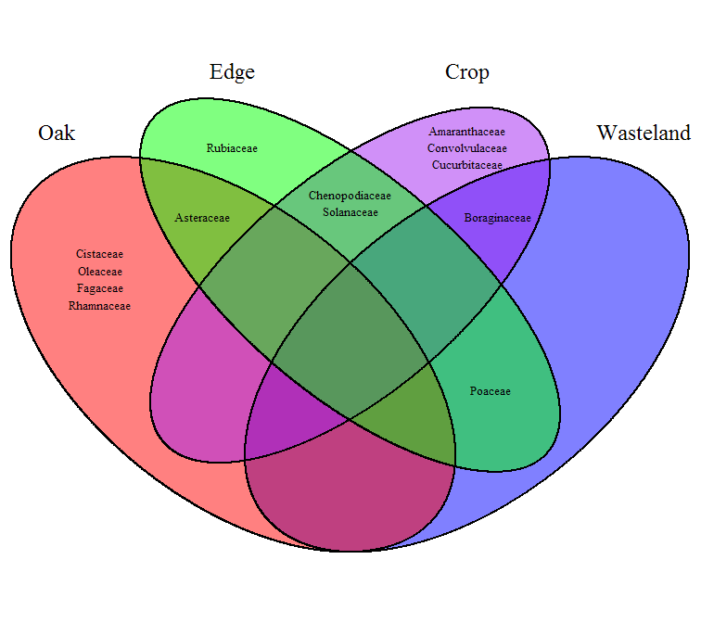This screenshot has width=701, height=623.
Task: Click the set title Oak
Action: (57, 133)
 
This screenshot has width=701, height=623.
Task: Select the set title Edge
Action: (232, 72)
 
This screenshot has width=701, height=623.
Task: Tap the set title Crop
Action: (466, 72)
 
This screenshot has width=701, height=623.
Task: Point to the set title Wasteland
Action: (643, 133)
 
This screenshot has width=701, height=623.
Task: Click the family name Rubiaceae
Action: (232, 147)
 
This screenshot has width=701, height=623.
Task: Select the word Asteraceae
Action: (202, 218)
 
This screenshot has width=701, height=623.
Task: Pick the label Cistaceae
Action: (99, 253)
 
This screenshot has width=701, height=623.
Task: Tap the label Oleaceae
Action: (99, 271)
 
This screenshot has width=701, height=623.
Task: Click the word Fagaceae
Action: (99, 288)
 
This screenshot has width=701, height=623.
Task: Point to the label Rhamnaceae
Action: (99, 305)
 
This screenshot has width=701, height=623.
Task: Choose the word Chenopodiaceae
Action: (350, 196)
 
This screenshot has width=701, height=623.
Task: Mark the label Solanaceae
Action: (350, 212)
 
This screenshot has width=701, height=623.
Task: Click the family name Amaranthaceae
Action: (466, 132)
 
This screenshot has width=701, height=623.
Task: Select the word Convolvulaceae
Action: (466, 148)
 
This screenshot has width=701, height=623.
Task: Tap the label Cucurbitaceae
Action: (466, 165)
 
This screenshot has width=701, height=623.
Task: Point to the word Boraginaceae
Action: (497, 219)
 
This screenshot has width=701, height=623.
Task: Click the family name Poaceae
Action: (490, 391)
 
